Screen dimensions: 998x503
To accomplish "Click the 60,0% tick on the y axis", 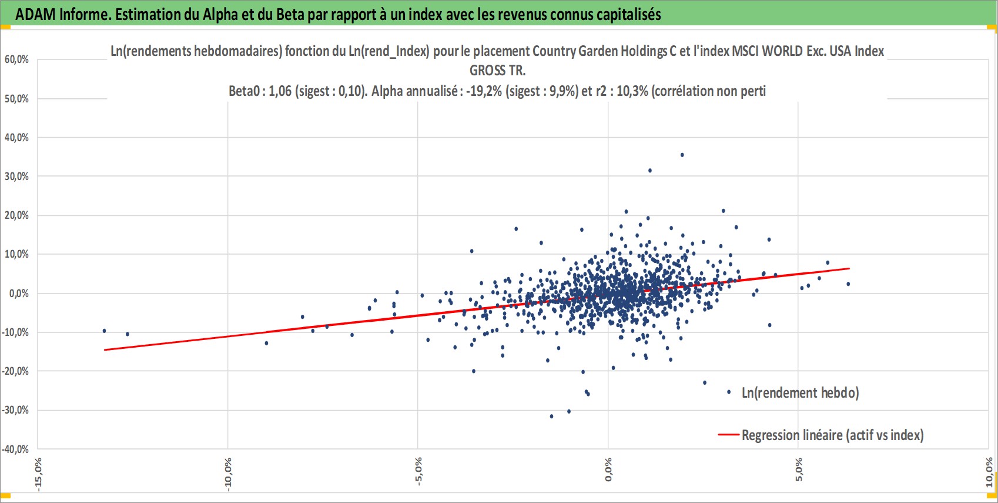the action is point(17,60).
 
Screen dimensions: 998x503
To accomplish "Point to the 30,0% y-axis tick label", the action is point(17,176).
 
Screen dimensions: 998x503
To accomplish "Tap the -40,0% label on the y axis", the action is point(16,449).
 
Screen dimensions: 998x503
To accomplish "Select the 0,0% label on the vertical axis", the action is point(19,294).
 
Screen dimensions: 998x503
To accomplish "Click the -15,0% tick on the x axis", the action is point(38,474).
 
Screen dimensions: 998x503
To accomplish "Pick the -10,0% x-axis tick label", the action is point(228,474).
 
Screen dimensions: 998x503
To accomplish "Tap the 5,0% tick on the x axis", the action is point(798,469).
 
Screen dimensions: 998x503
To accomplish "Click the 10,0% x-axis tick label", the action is point(989,472).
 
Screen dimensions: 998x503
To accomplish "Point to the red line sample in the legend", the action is point(729,435).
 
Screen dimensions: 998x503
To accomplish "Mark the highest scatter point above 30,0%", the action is point(682,155).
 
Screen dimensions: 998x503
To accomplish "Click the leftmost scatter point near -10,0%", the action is point(104,331).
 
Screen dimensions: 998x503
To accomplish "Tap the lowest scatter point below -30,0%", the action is point(551,417).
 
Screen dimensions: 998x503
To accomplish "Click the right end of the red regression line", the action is point(849,268).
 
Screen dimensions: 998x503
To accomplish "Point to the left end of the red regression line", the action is point(105,350).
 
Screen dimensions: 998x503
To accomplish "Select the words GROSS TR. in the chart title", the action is point(498,71).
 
